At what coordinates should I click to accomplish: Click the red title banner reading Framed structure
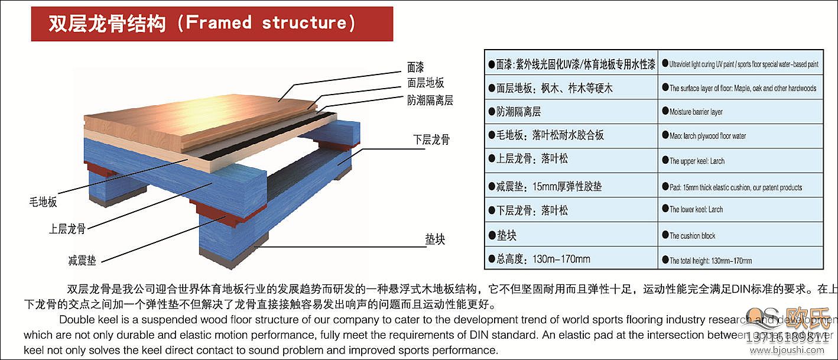[212, 24]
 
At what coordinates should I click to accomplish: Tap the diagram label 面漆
[415, 67]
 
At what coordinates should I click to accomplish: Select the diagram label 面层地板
[426, 83]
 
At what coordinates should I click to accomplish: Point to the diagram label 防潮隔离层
[430, 100]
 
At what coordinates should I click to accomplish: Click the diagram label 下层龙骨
[431, 140]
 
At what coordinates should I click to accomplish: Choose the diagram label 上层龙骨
[67, 229]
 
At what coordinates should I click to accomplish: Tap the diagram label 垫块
[434, 239]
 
